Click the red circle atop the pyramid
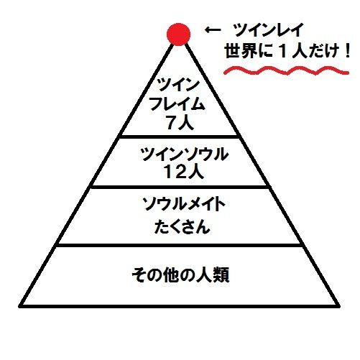(178, 34)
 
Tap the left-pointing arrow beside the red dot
(213, 30)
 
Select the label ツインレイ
(269, 30)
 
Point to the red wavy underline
(286, 70)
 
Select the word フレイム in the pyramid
(177, 104)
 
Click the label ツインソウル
(184, 154)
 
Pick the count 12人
(184, 172)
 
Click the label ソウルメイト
(184, 204)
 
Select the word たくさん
(182, 227)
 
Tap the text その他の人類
(181, 274)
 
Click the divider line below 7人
(180, 137)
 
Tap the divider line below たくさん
(179, 245)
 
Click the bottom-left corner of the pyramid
(20, 306)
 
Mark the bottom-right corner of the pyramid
(339, 306)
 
